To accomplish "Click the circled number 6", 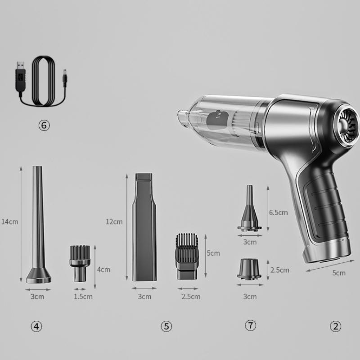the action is tap(44, 126).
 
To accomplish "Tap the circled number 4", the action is tap(36, 326).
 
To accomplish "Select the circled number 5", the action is tap(166, 326).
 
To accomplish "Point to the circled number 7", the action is tap(250, 325).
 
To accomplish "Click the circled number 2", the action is tap(335, 326).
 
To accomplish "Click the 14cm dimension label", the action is tap(10, 222).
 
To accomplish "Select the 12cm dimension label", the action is tap(114, 222).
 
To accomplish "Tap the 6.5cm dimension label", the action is tap(278, 212).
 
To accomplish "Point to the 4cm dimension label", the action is tap(103, 270).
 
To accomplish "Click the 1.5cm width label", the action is tap(83, 297).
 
